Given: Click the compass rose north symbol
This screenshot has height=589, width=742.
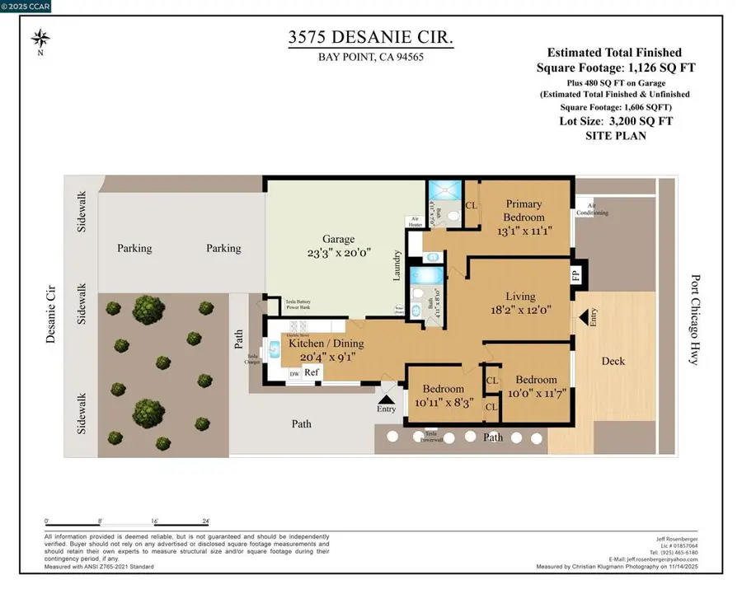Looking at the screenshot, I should click(40, 39).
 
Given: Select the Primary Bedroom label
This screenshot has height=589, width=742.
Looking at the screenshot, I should click(524, 211).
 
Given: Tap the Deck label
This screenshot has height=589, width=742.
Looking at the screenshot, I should click(613, 361).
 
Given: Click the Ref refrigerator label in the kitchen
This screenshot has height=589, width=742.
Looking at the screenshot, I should click(312, 373).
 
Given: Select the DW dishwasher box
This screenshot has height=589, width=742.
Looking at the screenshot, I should click(294, 374).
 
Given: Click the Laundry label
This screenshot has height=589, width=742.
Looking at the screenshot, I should click(397, 265).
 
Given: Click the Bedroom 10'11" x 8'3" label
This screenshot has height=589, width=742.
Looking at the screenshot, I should click(443, 395).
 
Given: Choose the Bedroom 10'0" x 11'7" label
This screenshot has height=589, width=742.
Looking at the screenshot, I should click(536, 386).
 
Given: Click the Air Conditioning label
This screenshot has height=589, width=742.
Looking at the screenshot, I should click(597, 208).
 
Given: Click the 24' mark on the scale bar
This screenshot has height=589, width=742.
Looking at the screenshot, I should click(205, 521).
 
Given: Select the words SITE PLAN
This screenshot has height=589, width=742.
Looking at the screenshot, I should click(617, 135).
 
